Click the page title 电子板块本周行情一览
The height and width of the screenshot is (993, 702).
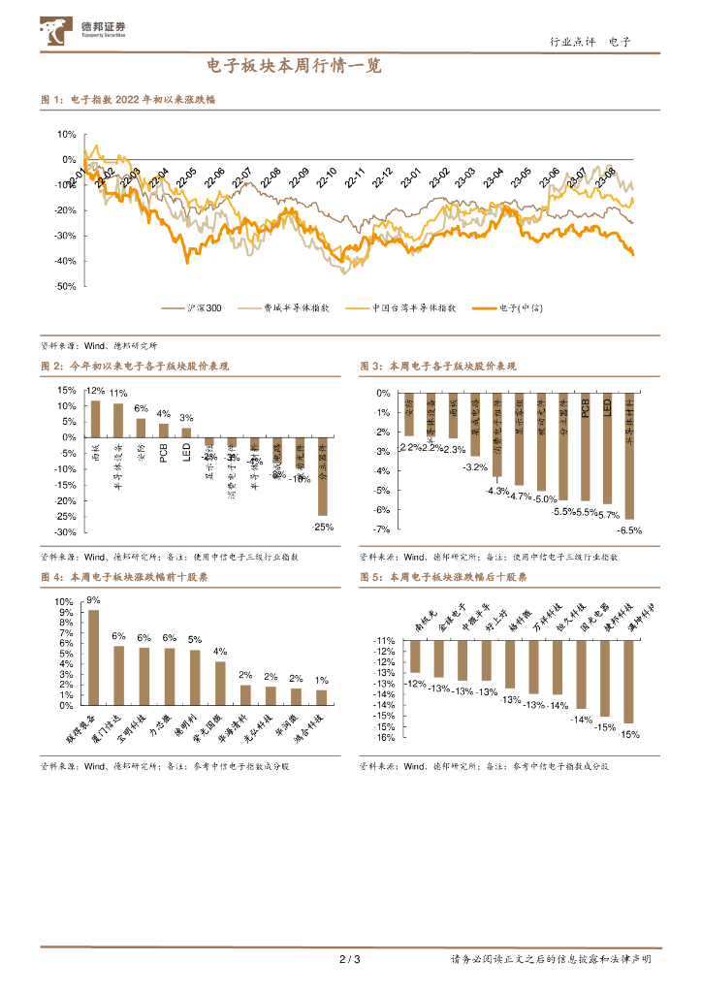294,67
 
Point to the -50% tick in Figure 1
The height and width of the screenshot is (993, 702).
66,286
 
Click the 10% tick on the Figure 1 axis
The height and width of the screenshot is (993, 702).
66,135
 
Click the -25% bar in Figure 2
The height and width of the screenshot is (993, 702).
323,476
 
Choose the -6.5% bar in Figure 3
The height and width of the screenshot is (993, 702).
629,456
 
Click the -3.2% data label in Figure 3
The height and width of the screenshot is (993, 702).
475,467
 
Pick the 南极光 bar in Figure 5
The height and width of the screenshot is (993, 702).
415,657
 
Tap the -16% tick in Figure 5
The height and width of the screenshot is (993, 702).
383,737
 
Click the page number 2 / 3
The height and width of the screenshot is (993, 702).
350,960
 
